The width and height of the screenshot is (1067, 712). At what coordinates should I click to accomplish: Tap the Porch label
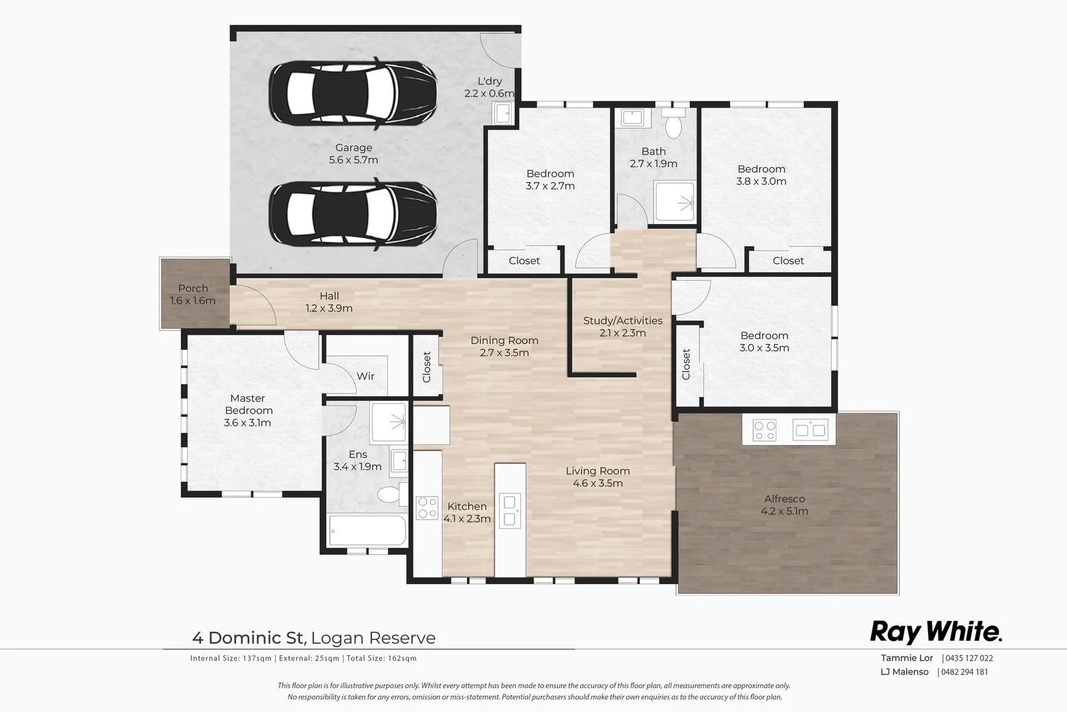click(193, 289)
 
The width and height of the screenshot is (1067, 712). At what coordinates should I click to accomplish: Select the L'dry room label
click(489, 81)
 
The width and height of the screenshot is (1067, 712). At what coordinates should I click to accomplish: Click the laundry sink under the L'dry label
click(503, 113)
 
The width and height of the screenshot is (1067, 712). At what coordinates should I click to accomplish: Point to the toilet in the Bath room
click(673, 125)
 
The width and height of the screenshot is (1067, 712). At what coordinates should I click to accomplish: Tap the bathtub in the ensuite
click(367, 530)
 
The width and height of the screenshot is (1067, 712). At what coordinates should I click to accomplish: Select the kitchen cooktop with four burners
click(427, 508)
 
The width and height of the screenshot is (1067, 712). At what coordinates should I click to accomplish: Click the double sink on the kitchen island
click(510, 511)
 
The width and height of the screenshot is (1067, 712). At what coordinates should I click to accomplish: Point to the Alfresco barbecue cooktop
click(764, 430)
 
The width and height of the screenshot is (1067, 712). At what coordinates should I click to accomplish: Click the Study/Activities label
click(623, 321)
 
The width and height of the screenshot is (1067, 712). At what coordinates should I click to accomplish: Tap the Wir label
click(365, 376)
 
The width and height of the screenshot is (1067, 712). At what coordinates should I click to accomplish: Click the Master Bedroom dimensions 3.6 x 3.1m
click(247, 423)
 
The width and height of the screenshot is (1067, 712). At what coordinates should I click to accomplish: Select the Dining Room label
click(504, 341)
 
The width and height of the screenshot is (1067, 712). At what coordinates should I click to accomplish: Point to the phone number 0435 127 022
click(969, 658)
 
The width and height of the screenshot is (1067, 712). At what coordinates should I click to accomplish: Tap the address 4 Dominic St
click(247, 638)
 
